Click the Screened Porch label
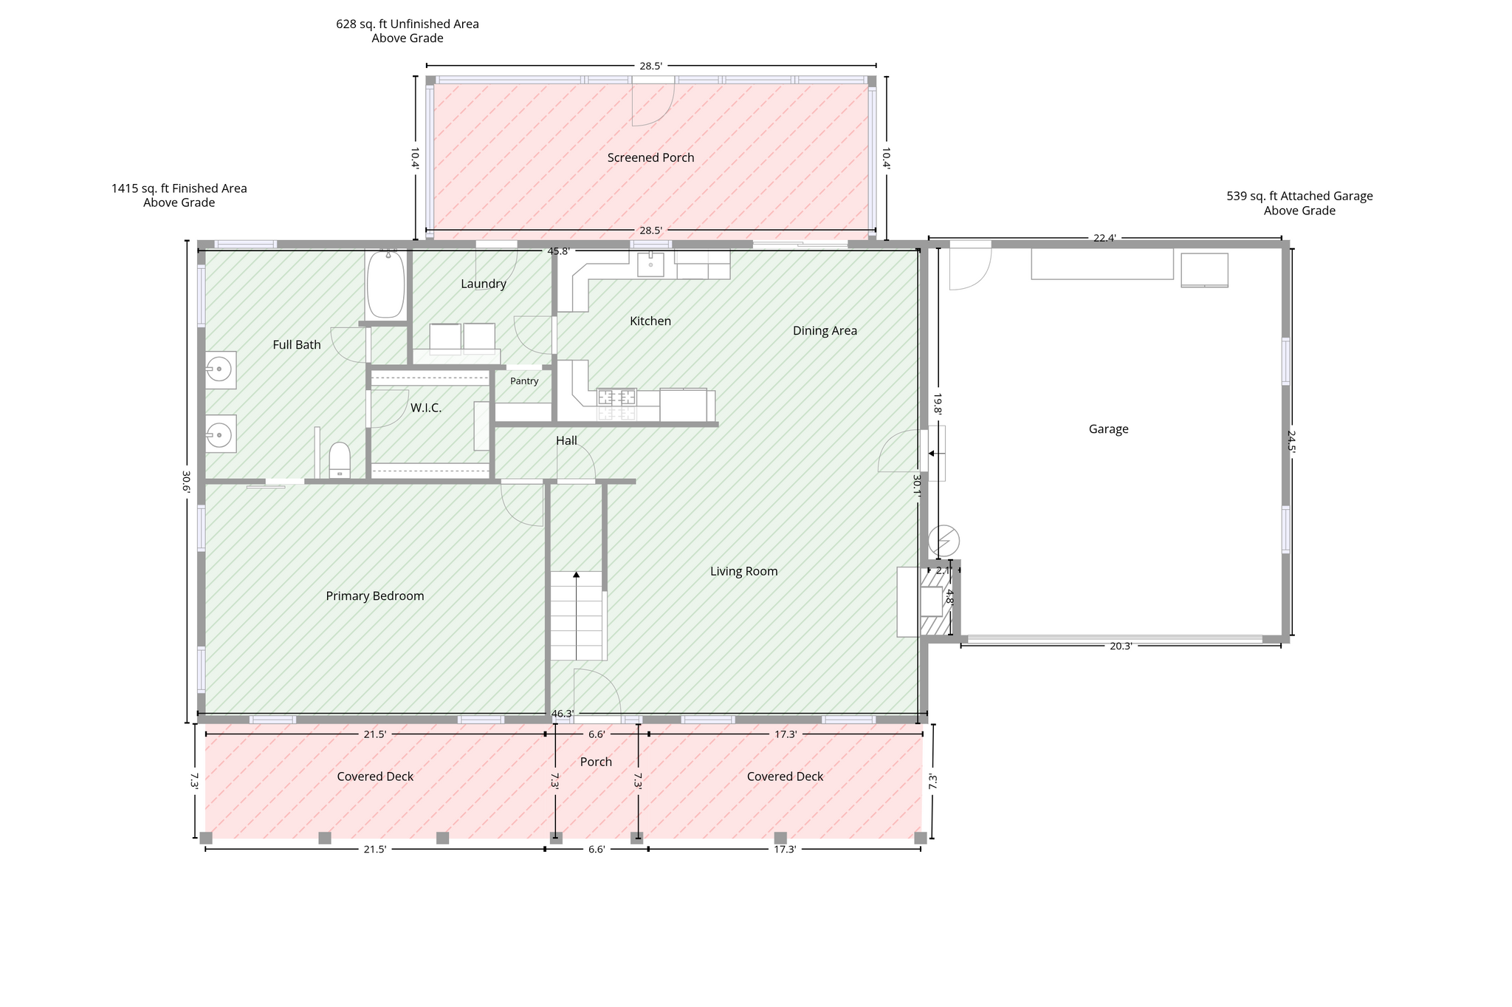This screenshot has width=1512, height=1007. [650, 157]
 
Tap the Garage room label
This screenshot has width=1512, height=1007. [1108, 429]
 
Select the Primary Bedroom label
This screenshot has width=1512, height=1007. [375, 596]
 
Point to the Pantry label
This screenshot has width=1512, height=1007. [524, 381]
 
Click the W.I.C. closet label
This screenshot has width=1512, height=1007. [426, 408]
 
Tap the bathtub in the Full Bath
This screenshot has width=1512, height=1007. [385, 284]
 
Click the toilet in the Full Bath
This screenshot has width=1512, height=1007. [340, 460]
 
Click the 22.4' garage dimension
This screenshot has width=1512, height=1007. [1104, 238]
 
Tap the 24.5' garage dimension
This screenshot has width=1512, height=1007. [1291, 441]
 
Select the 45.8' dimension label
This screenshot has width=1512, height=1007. [558, 251]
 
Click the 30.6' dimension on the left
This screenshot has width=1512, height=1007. [186, 482]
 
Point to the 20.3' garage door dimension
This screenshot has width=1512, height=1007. [1121, 646]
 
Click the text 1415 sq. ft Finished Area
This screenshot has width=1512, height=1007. [179, 188]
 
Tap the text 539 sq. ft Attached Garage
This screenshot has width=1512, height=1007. [1299, 197]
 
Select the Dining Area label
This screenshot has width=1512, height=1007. [825, 331]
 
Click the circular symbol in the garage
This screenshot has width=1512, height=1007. [944, 541]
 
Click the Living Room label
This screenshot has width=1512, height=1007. [743, 571]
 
